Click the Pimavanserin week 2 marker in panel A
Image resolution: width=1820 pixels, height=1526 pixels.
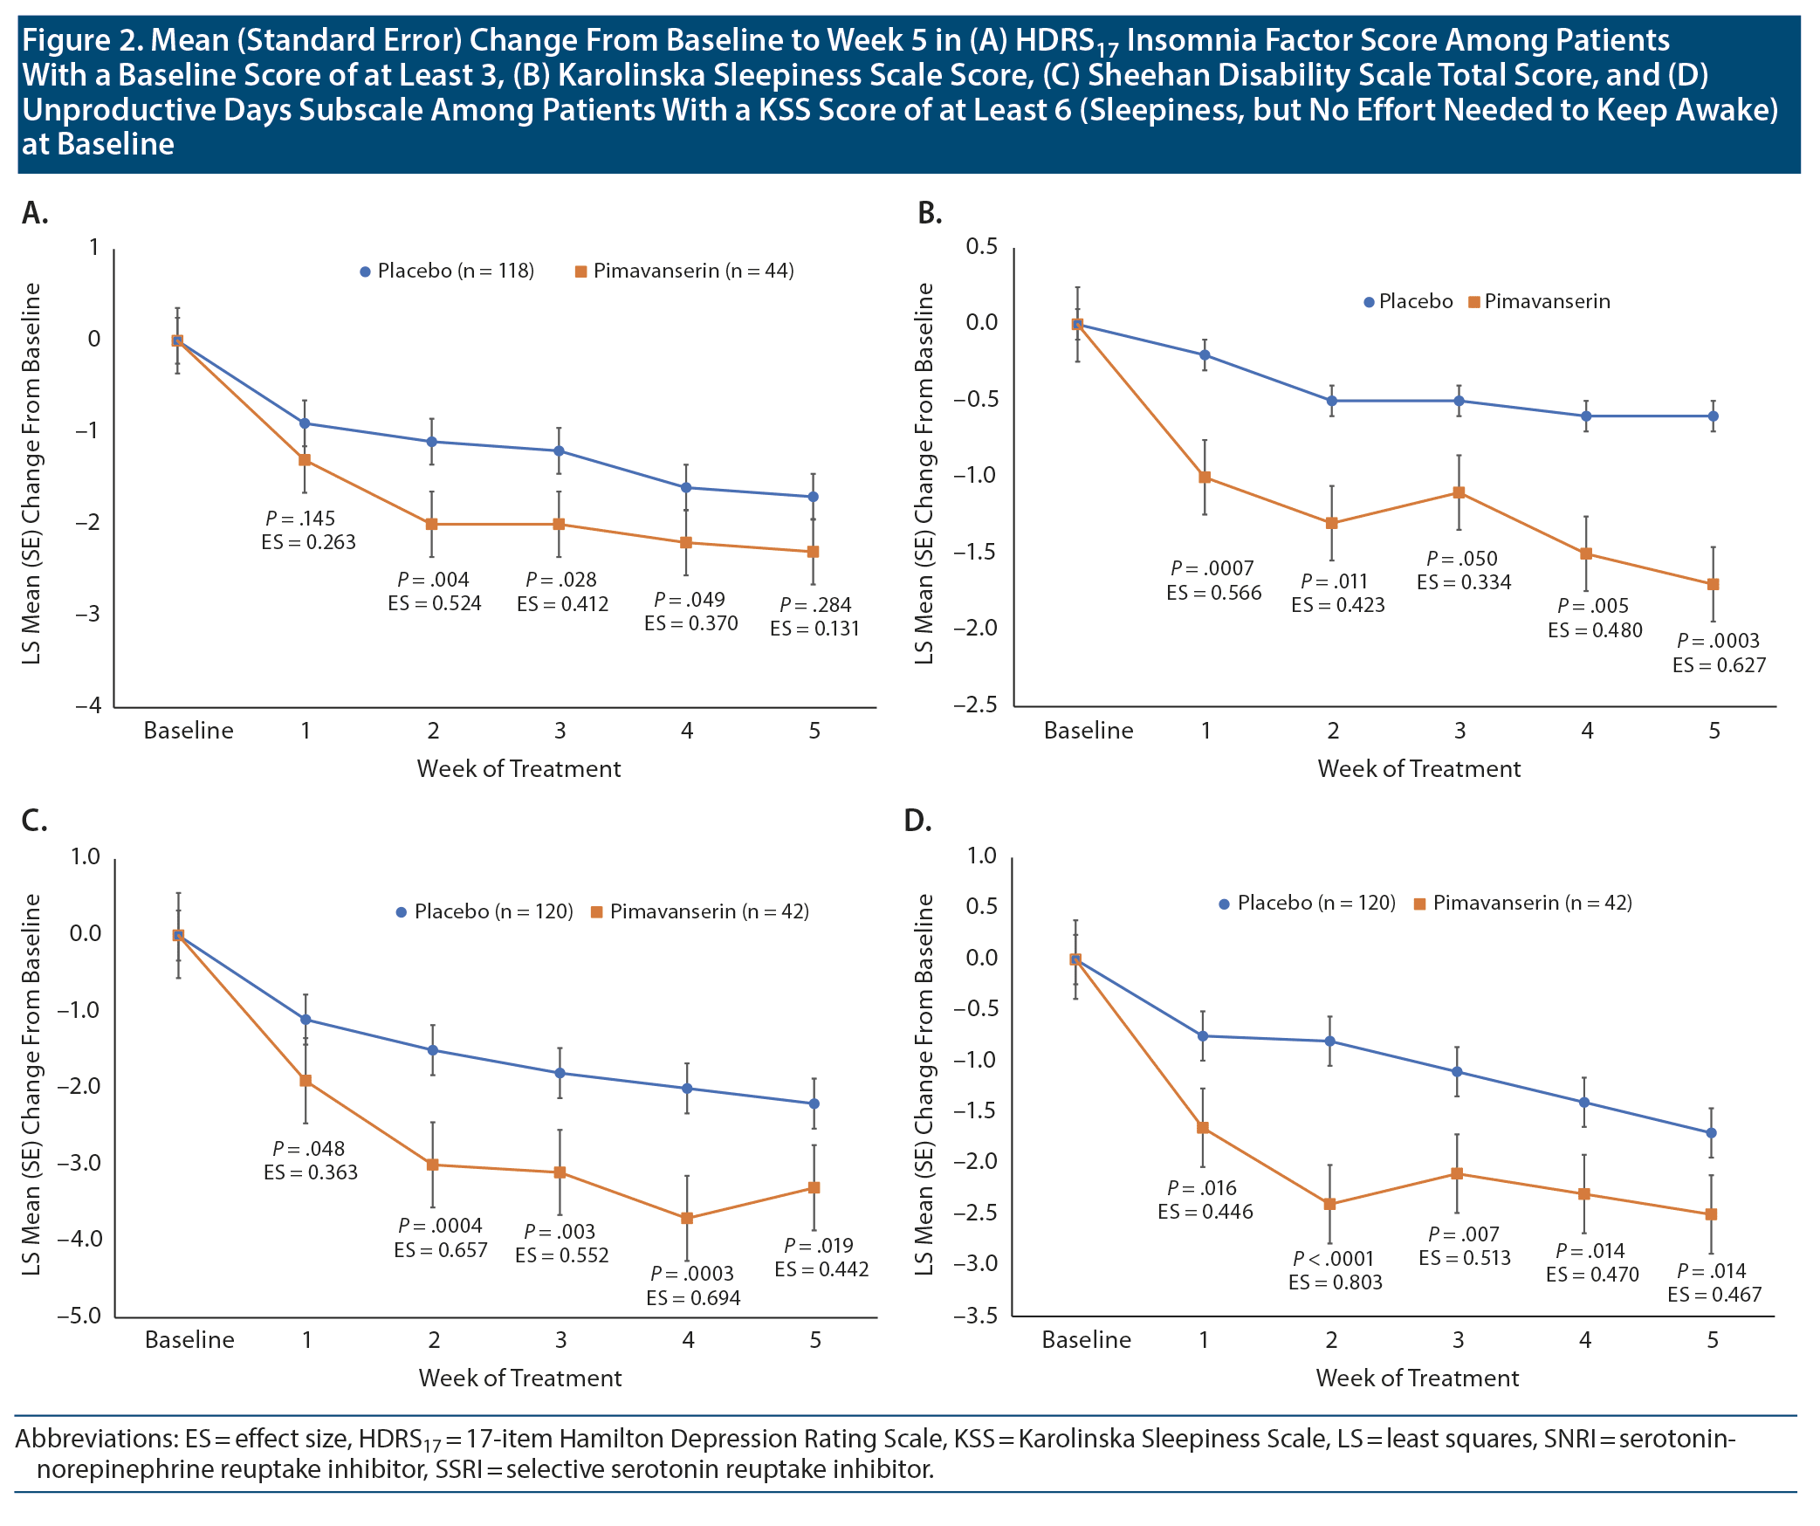coord(432,525)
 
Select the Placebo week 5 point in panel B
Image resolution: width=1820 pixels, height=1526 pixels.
coord(1714,416)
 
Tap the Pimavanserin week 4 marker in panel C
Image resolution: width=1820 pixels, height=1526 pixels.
coord(687,1218)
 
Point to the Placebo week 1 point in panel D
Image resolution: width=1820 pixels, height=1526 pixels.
coord(1203,1036)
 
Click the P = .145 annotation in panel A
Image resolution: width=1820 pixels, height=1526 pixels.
coord(300,519)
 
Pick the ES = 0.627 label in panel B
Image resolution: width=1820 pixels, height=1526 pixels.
coord(1719,665)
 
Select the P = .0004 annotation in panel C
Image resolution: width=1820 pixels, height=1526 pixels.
coord(440,1226)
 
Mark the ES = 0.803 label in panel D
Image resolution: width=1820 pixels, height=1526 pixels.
coord(1336,1282)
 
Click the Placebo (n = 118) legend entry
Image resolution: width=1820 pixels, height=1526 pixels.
coord(447,272)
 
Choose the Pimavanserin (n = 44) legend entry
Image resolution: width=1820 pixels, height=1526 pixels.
coord(685,272)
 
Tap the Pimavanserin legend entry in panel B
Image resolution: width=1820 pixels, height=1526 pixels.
coord(1540,302)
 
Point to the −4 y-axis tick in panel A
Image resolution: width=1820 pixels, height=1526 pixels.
coord(89,705)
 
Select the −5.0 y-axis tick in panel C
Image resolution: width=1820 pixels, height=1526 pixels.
coord(80,1315)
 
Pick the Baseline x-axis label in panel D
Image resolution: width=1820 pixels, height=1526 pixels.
coord(1086,1340)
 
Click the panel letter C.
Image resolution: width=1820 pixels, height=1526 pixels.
coord(34,821)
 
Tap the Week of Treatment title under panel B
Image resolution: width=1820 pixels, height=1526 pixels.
coord(1418,769)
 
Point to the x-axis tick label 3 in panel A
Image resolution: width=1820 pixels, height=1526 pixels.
coord(560,731)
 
